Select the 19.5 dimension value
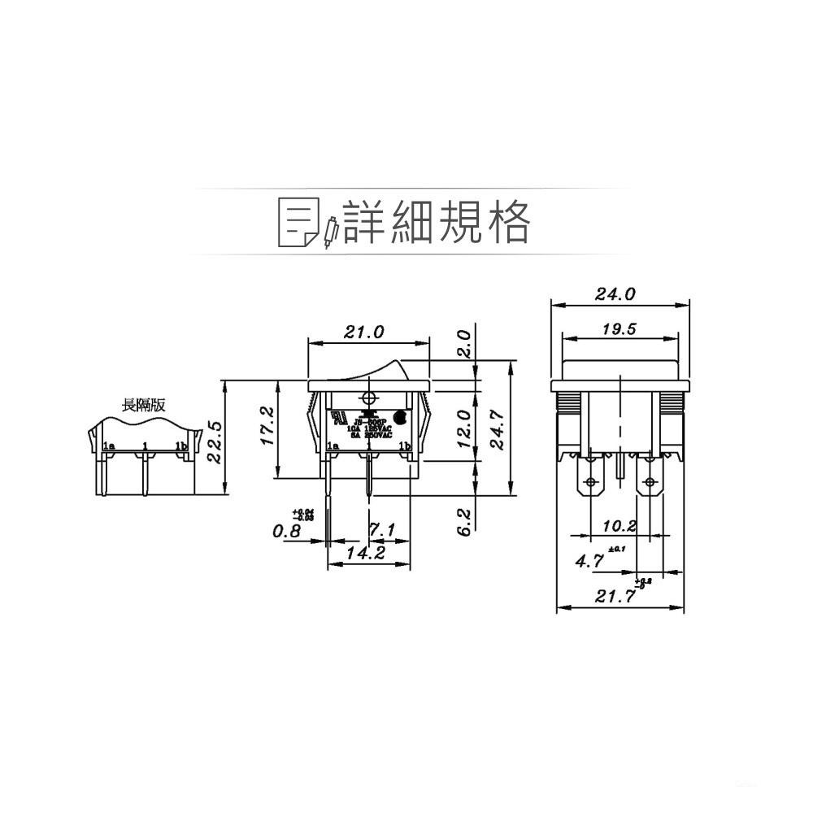(620, 328)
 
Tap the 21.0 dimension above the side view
(364, 332)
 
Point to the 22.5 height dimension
(215, 442)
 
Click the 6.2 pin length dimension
(463, 520)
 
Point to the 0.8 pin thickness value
(286, 531)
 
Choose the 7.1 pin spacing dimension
(381, 531)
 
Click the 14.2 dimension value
(365, 553)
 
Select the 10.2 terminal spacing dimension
(620, 526)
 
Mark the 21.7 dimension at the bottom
(614, 597)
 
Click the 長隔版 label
(143, 405)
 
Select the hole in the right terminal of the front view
(649, 483)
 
